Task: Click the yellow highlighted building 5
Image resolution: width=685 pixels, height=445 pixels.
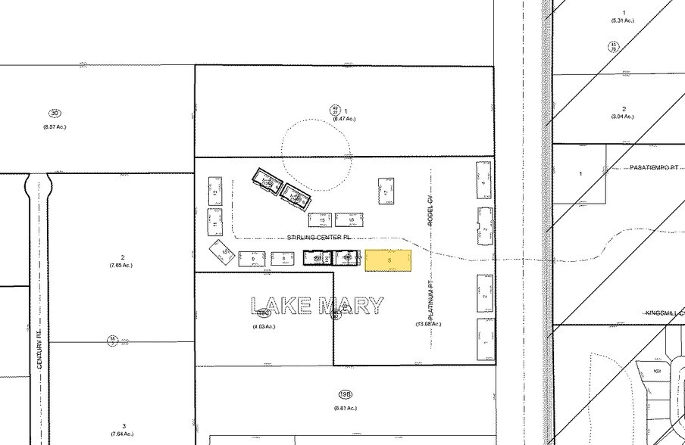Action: [x=389, y=260]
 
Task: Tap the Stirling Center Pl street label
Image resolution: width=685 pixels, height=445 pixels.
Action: [x=321, y=238]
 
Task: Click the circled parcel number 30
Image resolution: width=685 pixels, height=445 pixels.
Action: [x=55, y=114]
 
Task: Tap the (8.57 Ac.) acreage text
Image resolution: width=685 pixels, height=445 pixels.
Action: [x=55, y=126]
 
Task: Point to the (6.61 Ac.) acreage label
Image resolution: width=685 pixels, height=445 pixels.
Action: [x=346, y=408]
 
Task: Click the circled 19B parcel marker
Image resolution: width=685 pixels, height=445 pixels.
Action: [x=346, y=394]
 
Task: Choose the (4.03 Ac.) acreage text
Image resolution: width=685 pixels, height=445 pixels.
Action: [x=264, y=326]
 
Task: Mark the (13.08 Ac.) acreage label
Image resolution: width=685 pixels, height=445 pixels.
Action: [x=428, y=324]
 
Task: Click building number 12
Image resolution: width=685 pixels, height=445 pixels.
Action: [x=216, y=194]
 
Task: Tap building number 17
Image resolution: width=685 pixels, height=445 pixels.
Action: [x=386, y=193]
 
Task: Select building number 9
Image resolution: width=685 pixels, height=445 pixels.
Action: [x=252, y=260]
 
